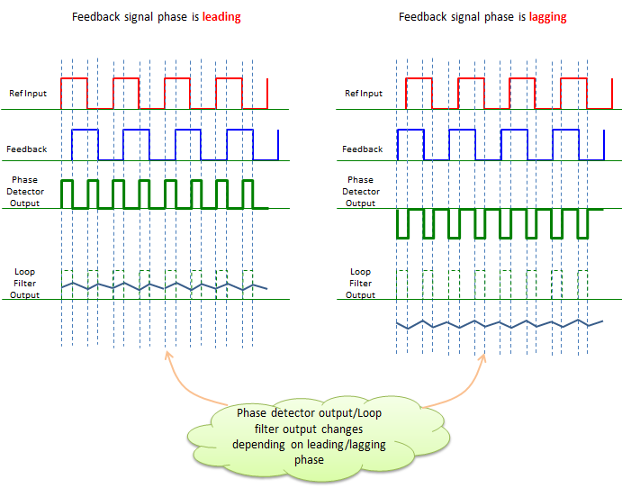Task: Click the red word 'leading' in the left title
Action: (x=221, y=17)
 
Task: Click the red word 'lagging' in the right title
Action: (x=548, y=17)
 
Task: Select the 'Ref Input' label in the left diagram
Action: (x=28, y=94)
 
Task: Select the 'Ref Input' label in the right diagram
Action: (x=364, y=94)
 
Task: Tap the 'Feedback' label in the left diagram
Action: (x=27, y=149)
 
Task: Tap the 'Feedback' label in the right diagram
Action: (x=362, y=149)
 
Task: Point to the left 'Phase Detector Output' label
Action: (x=25, y=192)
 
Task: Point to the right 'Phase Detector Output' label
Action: (x=361, y=192)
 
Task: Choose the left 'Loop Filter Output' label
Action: (x=24, y=284)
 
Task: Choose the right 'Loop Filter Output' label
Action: (x=360, y=284)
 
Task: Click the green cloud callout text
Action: (x=309, y=437)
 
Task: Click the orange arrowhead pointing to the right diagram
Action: (x=482, y=357)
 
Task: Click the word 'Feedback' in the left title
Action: (x=96, y=17)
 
